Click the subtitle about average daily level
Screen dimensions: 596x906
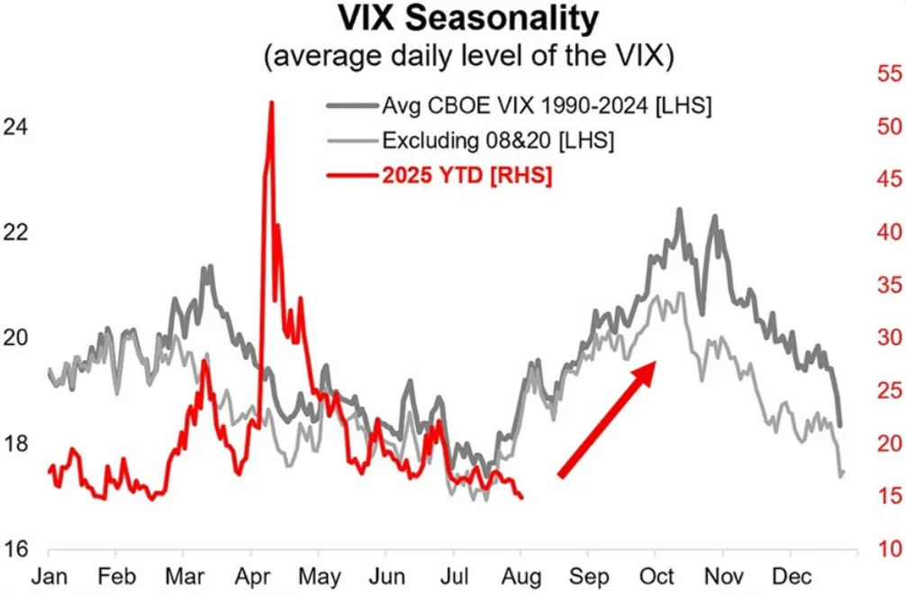click(467, 57)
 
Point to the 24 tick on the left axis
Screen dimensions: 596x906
click(15, 128)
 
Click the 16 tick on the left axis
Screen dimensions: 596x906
click(15, 549)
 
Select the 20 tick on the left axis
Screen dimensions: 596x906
click(15, 339)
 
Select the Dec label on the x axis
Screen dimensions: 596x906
click(793, 576)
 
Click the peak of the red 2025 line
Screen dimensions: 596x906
click(271, 103)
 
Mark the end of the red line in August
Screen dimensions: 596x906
click(521, 497)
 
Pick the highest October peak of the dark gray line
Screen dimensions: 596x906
click(679, 210)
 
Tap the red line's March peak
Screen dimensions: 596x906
click(204, 362)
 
